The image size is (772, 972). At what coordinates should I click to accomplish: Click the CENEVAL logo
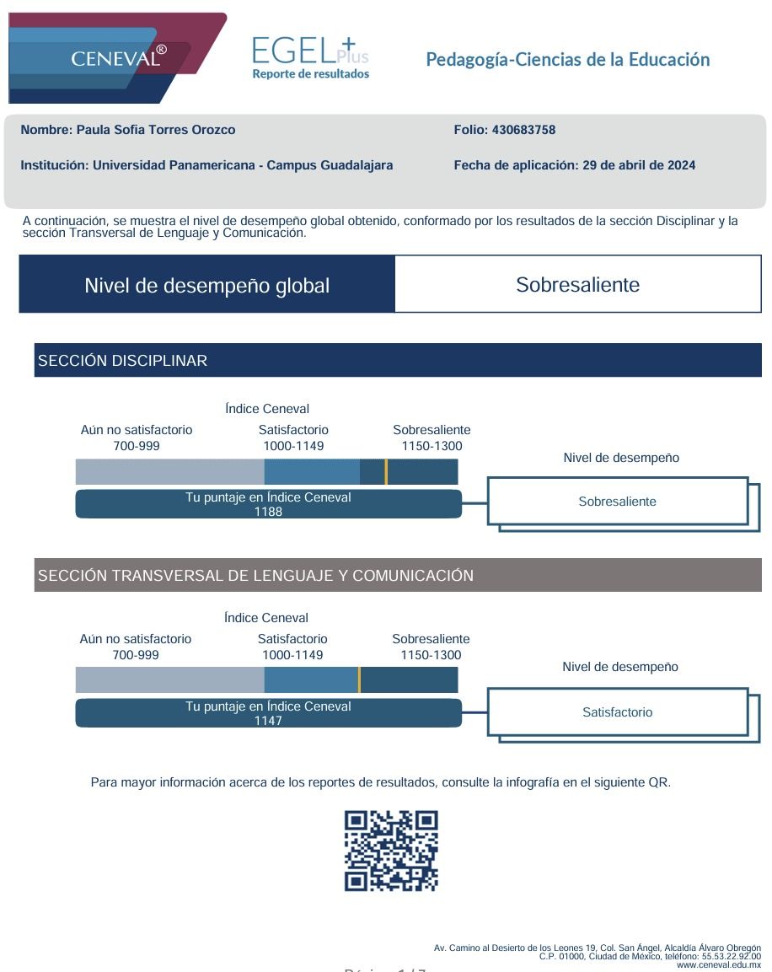118,57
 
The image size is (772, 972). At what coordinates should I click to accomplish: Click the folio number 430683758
522,130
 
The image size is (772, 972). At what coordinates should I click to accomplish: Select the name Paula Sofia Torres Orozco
156,130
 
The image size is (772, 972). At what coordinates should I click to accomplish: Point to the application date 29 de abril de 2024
639,165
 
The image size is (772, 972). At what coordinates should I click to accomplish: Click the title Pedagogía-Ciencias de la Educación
567,60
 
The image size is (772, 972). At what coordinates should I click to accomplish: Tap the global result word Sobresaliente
577,285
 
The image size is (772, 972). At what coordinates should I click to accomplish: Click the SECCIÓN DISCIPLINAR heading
123,361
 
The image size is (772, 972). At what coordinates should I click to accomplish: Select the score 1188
268,512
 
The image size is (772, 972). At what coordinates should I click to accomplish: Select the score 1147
268,721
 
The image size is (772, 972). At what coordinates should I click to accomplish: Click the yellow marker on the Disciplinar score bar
386,471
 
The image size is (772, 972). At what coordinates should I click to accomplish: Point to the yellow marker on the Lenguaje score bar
359,679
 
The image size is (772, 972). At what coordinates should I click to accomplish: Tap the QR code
391,851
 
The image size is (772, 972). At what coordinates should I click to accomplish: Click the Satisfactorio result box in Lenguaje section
617,712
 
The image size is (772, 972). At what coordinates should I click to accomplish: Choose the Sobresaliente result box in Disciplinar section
617,502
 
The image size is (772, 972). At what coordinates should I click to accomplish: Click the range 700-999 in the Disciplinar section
137,446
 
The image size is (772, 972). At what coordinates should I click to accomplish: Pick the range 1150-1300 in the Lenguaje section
431,655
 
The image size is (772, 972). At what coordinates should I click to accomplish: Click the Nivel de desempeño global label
206,286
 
